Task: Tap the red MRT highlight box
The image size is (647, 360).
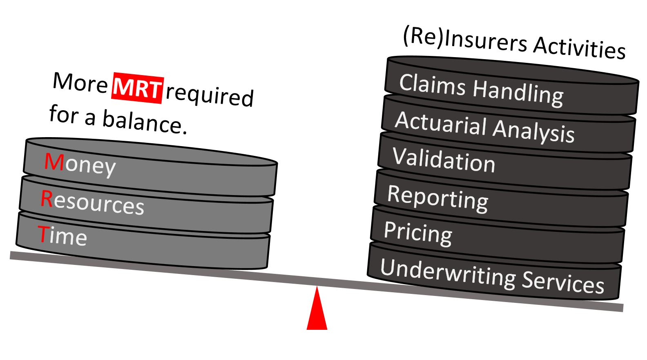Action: point(138,87)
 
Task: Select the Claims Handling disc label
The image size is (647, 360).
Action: point(481,89)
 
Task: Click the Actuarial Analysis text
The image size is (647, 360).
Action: point(485,127)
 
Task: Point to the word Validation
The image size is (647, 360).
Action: point(444,160)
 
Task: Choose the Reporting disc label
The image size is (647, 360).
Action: point(437,198)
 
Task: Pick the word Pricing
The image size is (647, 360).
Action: point(418,233)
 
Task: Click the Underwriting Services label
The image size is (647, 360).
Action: point(492,276)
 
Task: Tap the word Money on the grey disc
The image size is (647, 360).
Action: point(80,164)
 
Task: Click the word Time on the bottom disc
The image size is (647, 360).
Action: point(62,236)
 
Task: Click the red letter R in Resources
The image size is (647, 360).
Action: point(47,199)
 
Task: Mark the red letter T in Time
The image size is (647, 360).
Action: point(42,234)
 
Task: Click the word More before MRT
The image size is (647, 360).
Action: point(80,82)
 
